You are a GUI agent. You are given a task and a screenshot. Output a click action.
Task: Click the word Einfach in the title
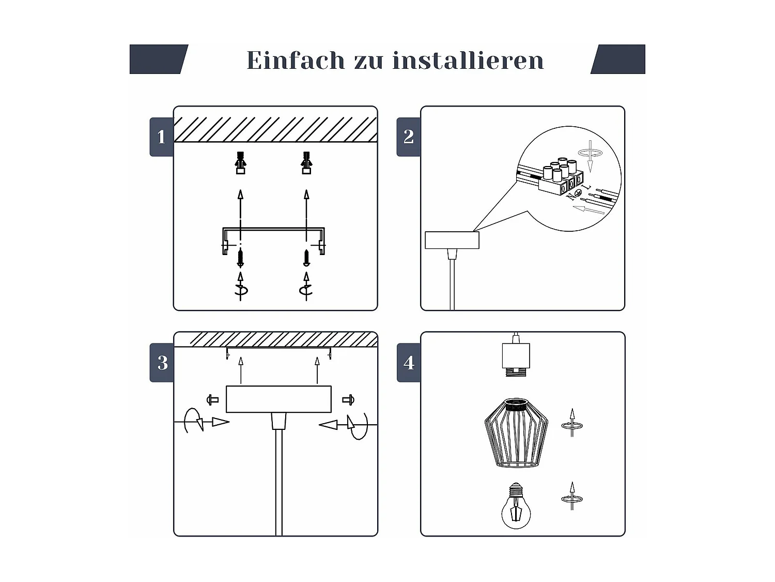[296, 60]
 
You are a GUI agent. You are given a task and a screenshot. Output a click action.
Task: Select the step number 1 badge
[161, 137]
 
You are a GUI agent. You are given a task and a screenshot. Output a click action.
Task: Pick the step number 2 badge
[409, 137]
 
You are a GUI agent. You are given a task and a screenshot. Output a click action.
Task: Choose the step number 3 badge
[162, 363]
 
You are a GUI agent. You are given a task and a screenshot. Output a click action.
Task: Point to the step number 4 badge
[409, 363]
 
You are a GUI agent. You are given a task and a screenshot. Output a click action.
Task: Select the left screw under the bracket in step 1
[240, 258]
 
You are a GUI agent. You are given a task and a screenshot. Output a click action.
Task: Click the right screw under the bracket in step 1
[306, 258]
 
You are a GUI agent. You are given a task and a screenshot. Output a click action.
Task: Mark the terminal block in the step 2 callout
[561, 177]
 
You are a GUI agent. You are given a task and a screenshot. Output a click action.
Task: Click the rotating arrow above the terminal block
[590, 155]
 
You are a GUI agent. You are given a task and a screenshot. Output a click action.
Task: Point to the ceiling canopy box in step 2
[452, 240]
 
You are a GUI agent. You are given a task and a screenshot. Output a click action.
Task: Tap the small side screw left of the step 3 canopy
[212, 400]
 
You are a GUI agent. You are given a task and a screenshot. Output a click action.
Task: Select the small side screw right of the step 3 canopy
[348, 400]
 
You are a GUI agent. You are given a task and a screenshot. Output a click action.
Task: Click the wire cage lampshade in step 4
[516, 433]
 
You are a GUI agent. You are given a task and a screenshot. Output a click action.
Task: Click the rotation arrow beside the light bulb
[572, 496]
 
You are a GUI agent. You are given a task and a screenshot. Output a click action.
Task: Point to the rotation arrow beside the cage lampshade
[572, 423]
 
